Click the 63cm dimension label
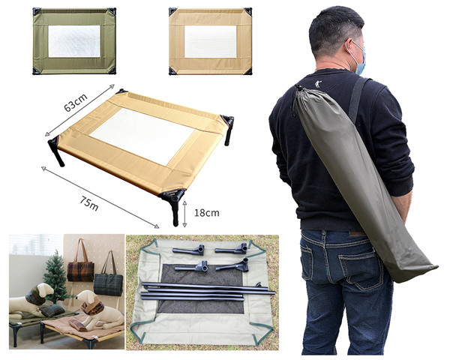click(76, 103)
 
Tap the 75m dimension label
click(89, 203)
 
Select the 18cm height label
click(207, 213)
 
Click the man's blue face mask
click(359, 59)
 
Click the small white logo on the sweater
click(317, 85)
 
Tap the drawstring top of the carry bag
click(297, 94)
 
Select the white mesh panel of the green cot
click(74, 41)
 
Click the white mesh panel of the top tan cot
click(210, 42)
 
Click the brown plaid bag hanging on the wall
click(81, 268)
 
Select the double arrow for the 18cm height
click(184, 214)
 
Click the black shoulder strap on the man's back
click(357, 100)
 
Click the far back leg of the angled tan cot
click(227, 129)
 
